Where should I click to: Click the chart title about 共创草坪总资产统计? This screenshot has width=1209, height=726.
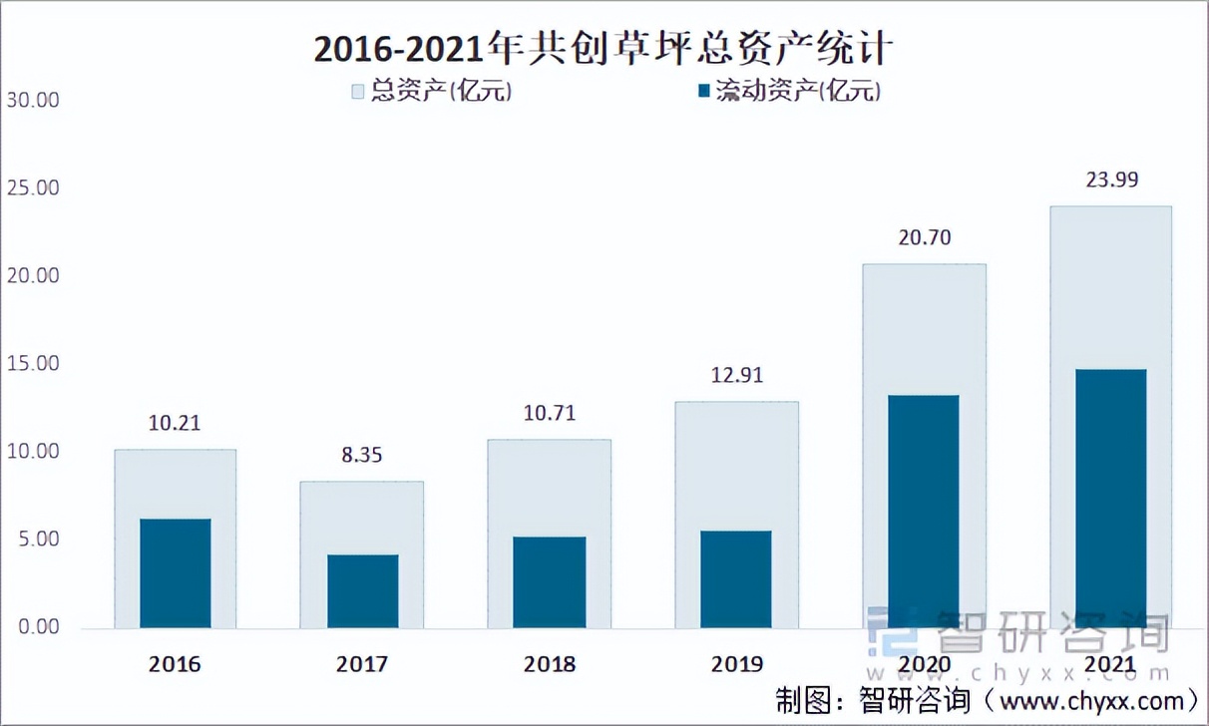pyautogui.click(x=604, y=48)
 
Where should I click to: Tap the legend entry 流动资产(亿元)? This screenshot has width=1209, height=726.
pyautogui.click(x=790, y=92)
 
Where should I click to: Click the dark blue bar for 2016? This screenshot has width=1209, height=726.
pyautogui.click(x=176, y=573)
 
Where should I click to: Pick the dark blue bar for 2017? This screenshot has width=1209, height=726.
pyautogui.click(x=363, y=591)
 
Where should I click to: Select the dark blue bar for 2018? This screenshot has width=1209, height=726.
pyautogui.click(x=550, y=582)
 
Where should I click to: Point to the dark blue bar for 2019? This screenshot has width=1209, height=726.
pyautogui.click(x=736, y=579)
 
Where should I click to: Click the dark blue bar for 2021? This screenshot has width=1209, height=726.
pyautogui.click(x=1111, y=499)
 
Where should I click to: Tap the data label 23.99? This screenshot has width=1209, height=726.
pyautogui.click(x=1112, y=181)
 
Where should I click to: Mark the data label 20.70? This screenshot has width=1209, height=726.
pyautogui.click(x=925, y=237)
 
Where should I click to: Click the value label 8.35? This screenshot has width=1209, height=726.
pyautogui.click(x=361, y=456)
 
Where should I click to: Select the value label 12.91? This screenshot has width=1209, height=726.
pyautogui.click(x=736, y=376)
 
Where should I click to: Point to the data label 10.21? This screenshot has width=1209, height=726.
pyautogui.click(x=175, y=423)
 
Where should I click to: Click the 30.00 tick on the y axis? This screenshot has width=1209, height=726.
pyautogui.click(x=32, y=101)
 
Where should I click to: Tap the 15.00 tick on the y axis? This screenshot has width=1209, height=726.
pyautogui.click(x=32, y=364)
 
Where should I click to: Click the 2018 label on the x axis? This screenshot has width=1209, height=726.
pyautogui.click(x=549, y=664)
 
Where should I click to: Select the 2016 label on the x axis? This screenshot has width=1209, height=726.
pyautogui.click(x=175, y=664)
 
